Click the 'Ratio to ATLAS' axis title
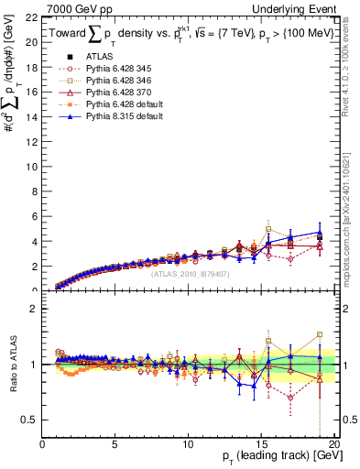(12, 365)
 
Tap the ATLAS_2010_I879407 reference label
(189, 273)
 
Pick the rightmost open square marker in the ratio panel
(319, 335)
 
